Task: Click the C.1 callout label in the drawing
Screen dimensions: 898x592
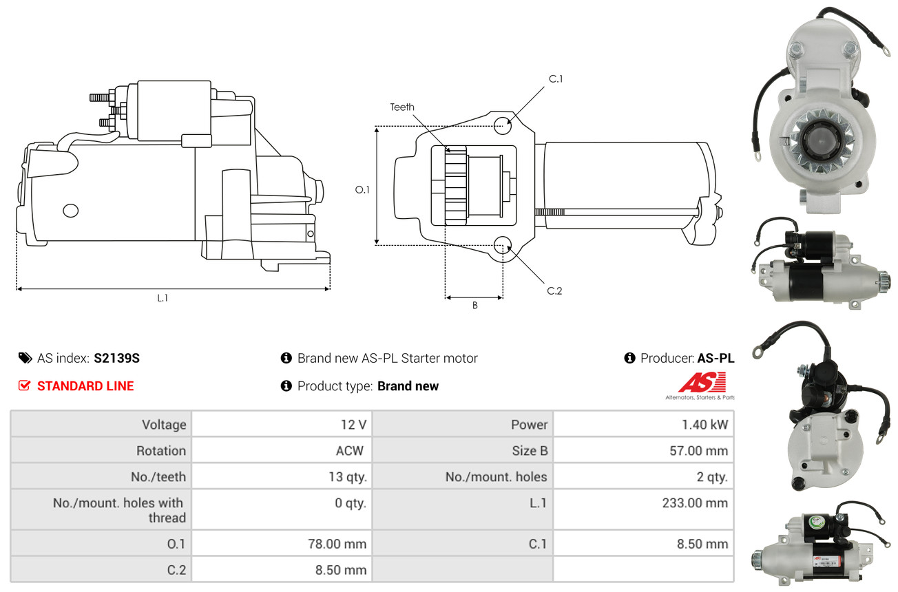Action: [x=556, y=79]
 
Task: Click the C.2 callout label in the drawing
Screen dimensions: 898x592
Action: [x=554, y=290]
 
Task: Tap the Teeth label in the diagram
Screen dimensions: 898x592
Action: [x=402, y=107]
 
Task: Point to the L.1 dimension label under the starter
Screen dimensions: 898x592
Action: [x=163, y=298]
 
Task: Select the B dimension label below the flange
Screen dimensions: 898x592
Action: [x=474, y=306]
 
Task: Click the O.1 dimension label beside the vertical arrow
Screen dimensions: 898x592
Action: [x=362, y=189]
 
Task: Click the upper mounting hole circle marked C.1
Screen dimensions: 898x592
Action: [x=502, y=125]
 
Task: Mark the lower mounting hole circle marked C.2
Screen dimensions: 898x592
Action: [x=502, y=245]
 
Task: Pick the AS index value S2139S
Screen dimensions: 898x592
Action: [x=116, y=358]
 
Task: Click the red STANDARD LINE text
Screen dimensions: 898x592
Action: [x=85, y=385]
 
